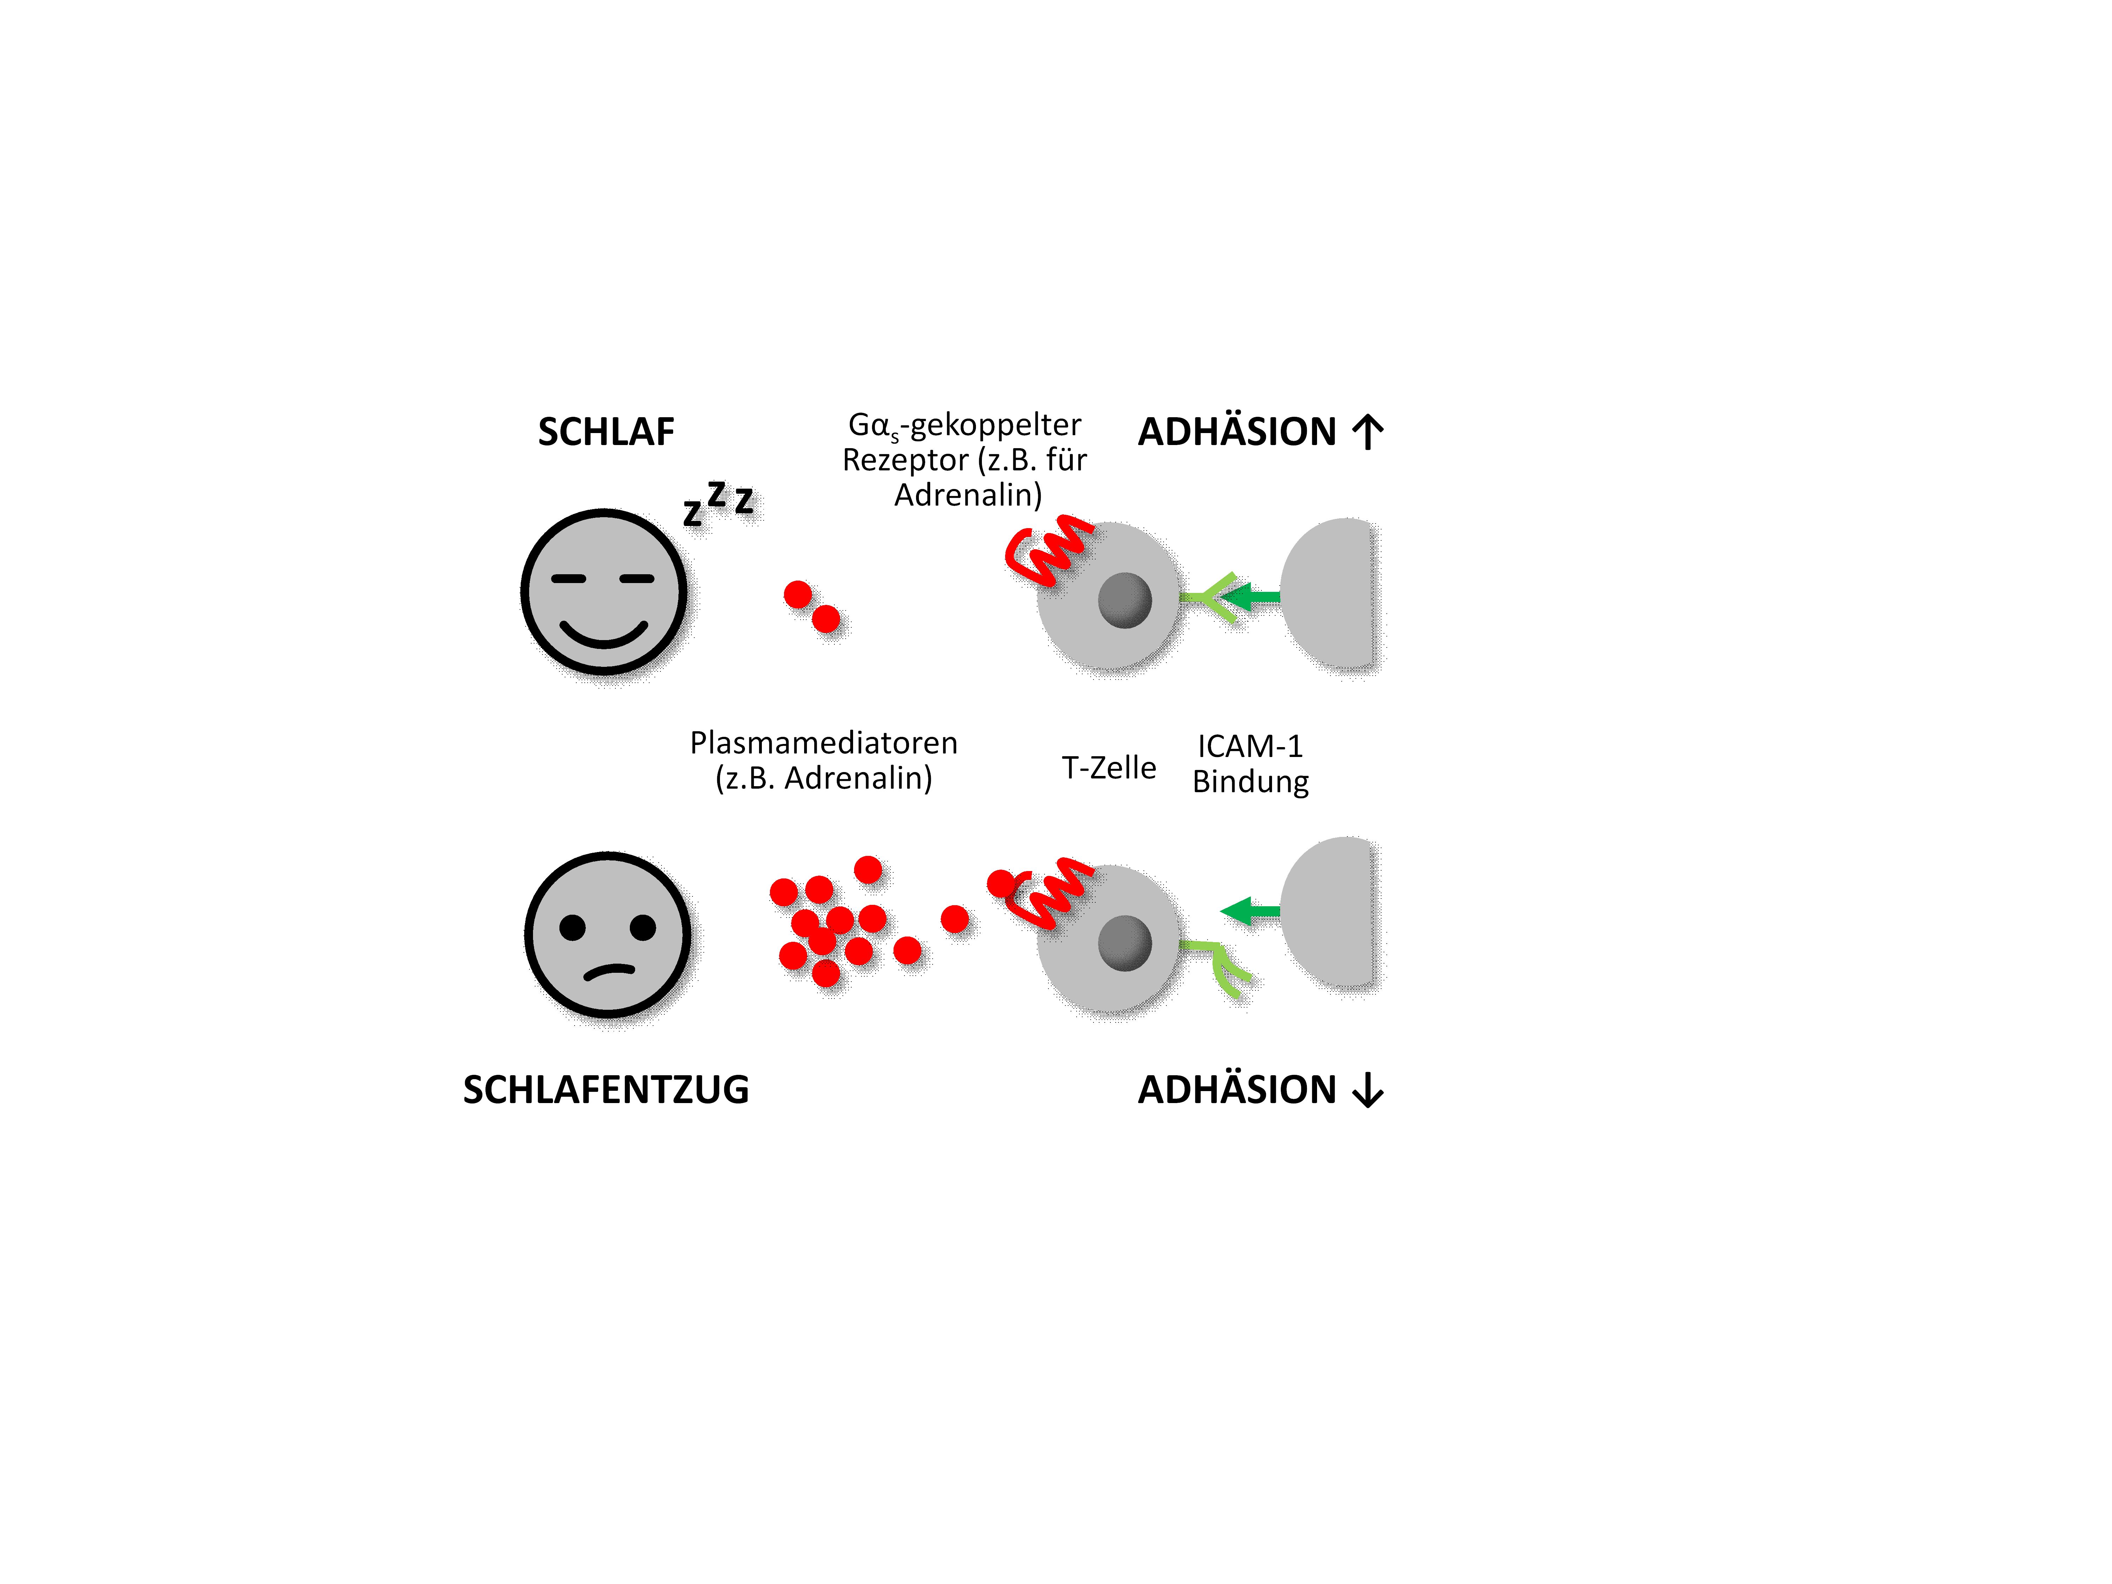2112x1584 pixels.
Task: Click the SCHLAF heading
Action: (606, 432)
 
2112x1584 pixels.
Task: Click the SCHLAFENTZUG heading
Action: (606, 1089)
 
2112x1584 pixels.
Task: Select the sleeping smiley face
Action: (604, 592)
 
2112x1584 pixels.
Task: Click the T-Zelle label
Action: (1109, 768)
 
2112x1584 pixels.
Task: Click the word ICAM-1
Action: (1250, 746)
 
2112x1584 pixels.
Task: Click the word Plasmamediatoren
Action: (823, 743)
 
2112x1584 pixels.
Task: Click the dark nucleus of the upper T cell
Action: (1125, 600)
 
